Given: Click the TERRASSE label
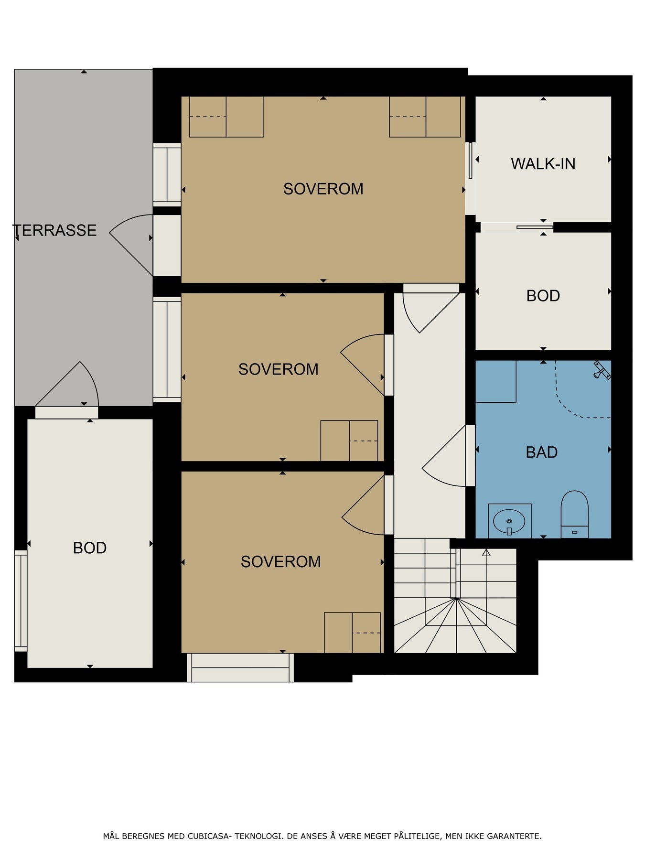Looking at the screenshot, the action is pyautogui.click(x=55, y=230).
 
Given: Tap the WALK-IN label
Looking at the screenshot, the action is pyautogui.click(x=543, y=164).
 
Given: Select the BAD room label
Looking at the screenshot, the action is pyautogui.click(x=542, y=452).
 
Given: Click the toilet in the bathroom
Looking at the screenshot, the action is pyautogui.click(x=574, y=514).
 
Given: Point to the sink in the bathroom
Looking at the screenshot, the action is pyautogui.click(x=510, y=521).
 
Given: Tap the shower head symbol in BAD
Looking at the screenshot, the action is pyautogui.click(x=602, y=370).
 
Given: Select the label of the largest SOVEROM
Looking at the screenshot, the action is pyautogui.click(x=323, y=189).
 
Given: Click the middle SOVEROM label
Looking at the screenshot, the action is pyautogui.click(x=279, y=369).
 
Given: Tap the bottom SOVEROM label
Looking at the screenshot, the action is pyautogui.click(x=281, y=561).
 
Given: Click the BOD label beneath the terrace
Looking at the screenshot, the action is pyautogui.click(x=90, y=548).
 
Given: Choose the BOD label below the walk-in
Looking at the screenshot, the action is pyautogui.click(x=543, y=296).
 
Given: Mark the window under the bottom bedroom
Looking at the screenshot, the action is pyautogui.click(x=240, y=667).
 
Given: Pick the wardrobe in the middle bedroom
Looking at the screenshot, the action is pyautogui.click(x=349, y=441).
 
